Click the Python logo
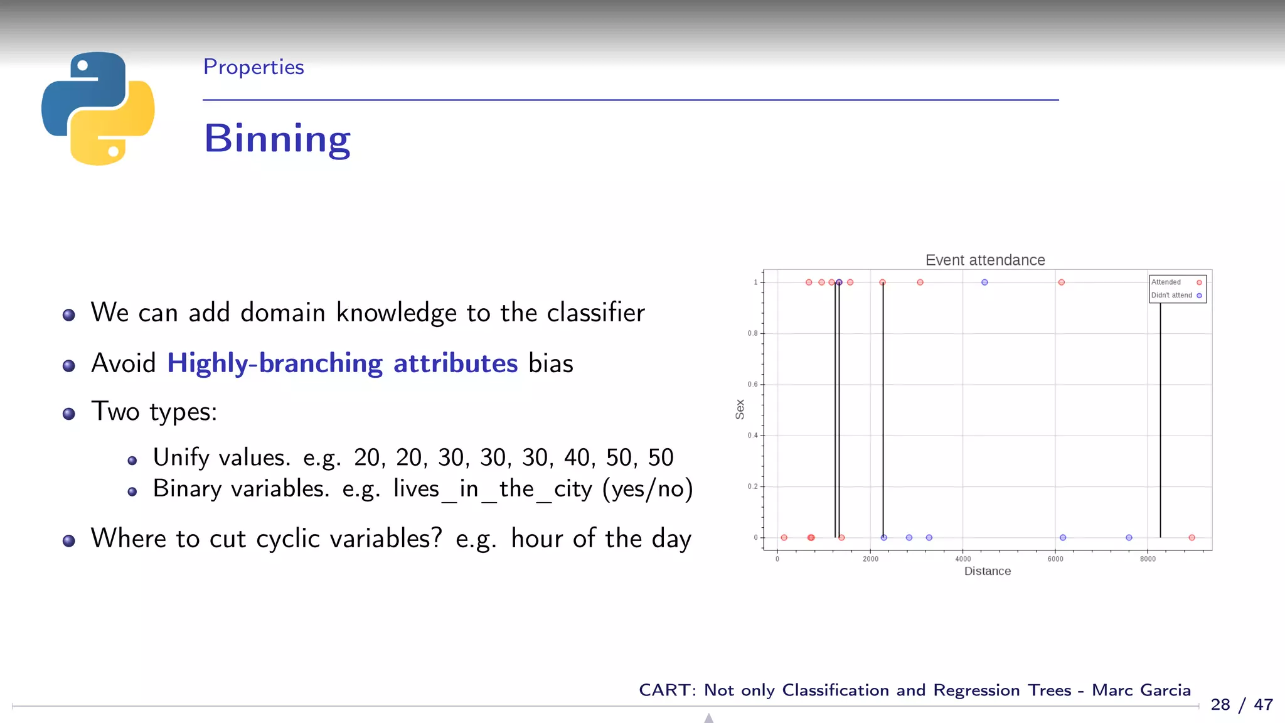98,108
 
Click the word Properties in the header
253,67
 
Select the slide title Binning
277,139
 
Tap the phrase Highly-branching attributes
342,363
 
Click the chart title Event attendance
984,260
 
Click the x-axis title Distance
987,571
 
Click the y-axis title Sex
740,409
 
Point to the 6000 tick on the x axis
1055,559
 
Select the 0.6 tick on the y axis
752,384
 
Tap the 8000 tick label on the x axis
1148,559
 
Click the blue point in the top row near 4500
984,282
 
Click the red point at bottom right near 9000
1192,537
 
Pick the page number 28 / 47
1241,705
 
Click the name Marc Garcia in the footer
1141,690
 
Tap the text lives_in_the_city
492,489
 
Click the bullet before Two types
69,414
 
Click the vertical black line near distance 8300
1160,420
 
